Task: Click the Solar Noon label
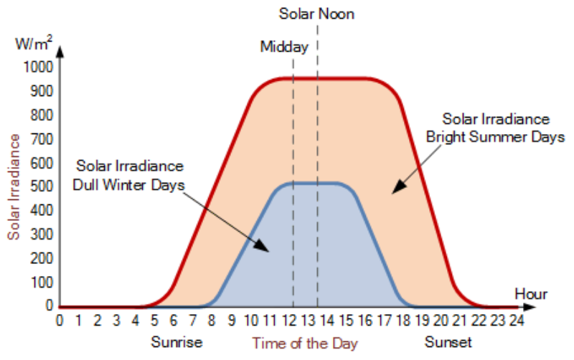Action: [x=316, y=14]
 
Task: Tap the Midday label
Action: [x=284, y=47]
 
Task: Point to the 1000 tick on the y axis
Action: [x=38, y=67]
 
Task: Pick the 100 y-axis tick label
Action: [x=41, y=283]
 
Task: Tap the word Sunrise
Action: [x=176, y=341]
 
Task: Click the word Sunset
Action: [x=448, y=341]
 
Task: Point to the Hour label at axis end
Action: [x=531, y=294]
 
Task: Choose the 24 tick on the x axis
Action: [x=515, y=321]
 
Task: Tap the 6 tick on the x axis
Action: [x=173, y=321]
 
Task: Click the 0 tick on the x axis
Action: [x=60, y=321]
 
